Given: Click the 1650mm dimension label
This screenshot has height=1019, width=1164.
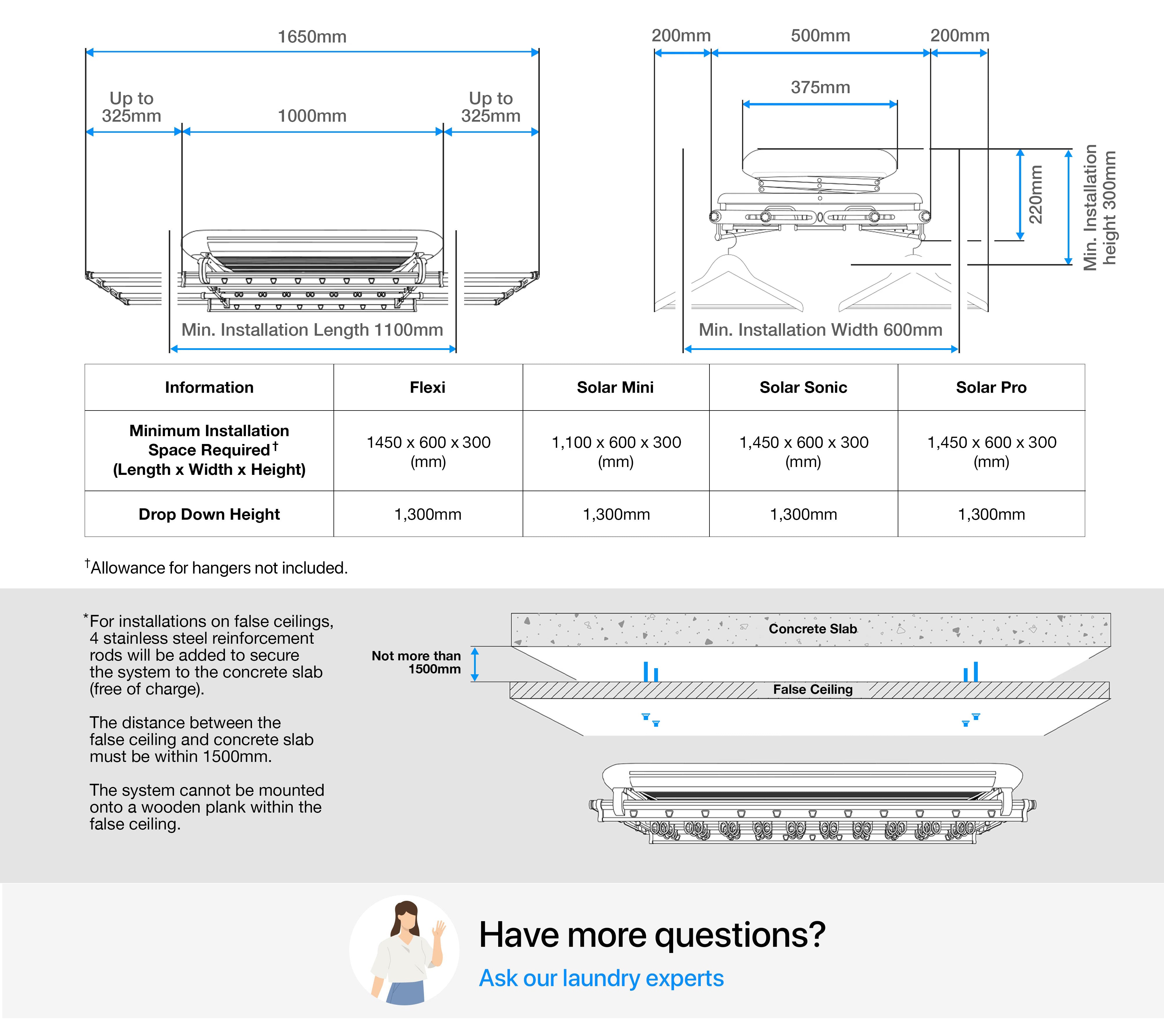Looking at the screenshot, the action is (312, 37).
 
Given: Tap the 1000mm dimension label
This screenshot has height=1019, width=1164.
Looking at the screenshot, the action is (312, 116).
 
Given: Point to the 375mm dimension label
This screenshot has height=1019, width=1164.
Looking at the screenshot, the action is (820, 88).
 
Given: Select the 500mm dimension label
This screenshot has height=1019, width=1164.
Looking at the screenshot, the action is (820, 36).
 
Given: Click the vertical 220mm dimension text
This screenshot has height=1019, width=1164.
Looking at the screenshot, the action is (1036, 194).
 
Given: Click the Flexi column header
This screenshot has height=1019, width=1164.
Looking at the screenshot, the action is (427, 387).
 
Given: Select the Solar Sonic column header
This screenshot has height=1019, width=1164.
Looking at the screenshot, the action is (803, 387).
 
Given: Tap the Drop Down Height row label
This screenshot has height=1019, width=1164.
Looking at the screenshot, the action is (209, 514).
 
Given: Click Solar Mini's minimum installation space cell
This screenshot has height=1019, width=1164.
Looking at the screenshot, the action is (616, 452).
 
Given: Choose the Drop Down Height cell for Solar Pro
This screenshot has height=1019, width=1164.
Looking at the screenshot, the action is (991, 514).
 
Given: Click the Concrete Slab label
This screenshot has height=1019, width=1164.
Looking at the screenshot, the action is (813, 628).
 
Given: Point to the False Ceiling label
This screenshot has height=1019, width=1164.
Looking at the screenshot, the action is (813, 689).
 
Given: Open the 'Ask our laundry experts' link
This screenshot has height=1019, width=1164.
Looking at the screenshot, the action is (601, 978).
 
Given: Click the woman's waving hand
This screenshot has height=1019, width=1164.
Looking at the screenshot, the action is (438, 930).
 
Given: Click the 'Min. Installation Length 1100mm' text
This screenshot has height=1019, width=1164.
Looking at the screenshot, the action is (312, 330).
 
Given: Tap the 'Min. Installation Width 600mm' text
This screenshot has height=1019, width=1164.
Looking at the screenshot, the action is (820, 330).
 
